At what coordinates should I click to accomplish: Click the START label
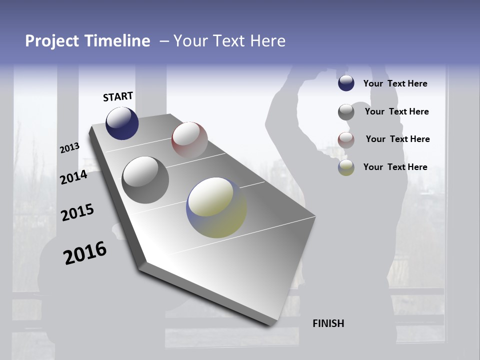tap(118, 96)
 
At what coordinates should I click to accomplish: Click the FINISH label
tap(328, 323)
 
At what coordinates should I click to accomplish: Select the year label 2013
tap(69, 148)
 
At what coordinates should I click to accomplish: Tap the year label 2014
tap(73, 177)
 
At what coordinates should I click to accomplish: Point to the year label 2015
tap(77, 212)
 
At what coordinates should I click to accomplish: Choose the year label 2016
tap(85, 252)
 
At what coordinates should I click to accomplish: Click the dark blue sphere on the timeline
tap(122, 123)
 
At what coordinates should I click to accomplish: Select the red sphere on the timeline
tap(189, 139)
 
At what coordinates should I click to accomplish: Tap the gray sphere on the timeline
tap(145, 180)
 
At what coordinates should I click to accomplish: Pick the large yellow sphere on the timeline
tap(216, 207)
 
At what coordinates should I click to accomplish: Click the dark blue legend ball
tap(346, 83)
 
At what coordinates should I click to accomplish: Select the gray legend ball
tap(346, 112)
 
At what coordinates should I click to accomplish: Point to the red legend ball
tap(346, 140)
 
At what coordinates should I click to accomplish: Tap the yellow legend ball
tap(346, 167)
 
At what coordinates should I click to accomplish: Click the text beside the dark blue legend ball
tap(395, 83)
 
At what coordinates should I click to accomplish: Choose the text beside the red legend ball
tap(397, 139)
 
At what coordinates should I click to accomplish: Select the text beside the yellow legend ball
tap(395, 167)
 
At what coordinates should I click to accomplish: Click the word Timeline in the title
tap(118, 41)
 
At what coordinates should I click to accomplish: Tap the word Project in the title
tap(51, 41)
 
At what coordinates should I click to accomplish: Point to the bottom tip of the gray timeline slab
tap(272, 325)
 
